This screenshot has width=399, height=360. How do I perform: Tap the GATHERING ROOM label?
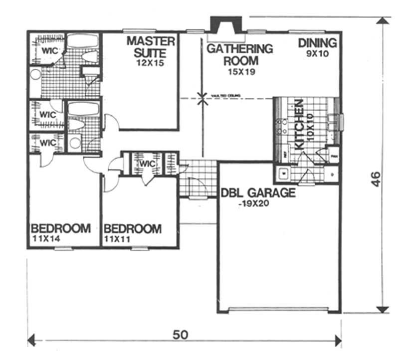tap(240, 55)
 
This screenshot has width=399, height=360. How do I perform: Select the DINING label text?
tap(318, 43)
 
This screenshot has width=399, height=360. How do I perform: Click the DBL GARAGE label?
tap(258, 193)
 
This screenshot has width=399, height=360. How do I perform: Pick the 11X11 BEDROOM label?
tap(133, 229)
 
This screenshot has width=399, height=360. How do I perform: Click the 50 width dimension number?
tap(181, 335)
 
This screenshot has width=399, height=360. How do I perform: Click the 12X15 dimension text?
tap(150, 63)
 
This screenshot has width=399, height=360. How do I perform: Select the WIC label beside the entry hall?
tap(148, 164)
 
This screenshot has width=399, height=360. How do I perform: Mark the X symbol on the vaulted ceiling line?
tap(201, 98)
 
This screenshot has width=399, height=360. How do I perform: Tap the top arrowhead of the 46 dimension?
tap(383, 21)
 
